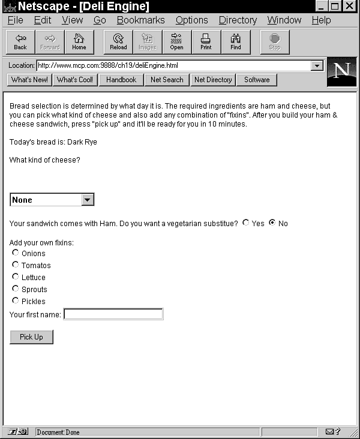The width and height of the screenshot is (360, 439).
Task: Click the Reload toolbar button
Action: point(118,42)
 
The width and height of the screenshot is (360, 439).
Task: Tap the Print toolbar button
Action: point(206,42)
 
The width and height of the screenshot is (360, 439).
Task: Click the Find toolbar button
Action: point(236,42)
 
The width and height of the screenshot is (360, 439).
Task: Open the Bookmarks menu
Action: point(140,20)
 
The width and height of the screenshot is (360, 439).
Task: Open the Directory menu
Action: point(238,20)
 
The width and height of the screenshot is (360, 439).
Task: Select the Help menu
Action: point(321,20)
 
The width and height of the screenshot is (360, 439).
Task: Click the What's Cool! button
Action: point(75,80)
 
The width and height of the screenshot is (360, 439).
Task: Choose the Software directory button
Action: point(257,80)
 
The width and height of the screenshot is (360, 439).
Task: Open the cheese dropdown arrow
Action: point(88,200)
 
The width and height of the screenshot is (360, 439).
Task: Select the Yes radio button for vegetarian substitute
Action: point(246,222)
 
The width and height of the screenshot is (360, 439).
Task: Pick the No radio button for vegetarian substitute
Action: point(272,222)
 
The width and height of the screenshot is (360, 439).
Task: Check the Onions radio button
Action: point(16,252)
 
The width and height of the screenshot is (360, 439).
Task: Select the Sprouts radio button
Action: point(16,288)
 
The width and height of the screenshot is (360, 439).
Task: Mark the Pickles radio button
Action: point(16,300)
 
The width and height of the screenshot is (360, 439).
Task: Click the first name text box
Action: point(113,314)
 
